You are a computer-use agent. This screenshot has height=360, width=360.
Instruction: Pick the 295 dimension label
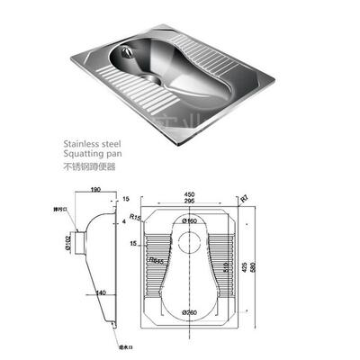pyautogui.click(x=188, y=200)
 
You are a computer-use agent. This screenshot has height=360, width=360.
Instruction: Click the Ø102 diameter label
pyautogui.click(x=67, y=242)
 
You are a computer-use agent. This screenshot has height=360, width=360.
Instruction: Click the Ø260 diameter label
pyautogui.click(x=190, y=312)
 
